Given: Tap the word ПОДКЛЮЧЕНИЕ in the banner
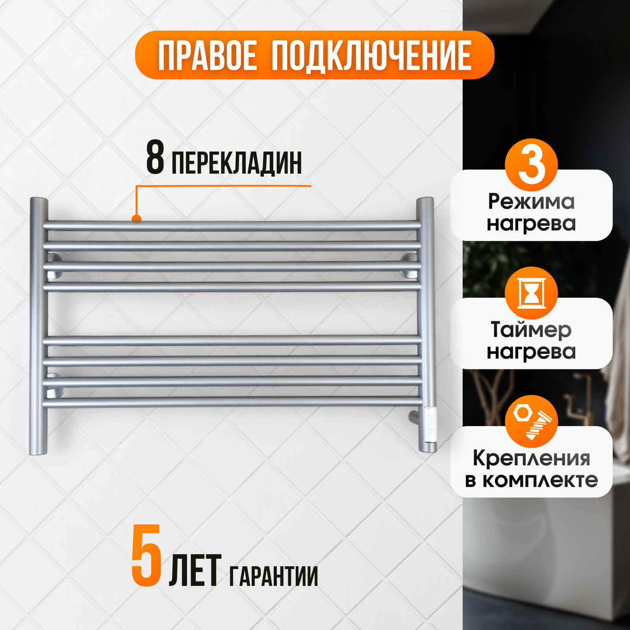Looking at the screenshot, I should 371,56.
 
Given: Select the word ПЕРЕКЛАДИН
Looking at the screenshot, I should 237,163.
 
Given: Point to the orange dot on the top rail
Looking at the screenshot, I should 137,219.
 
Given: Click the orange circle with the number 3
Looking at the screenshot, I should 531,165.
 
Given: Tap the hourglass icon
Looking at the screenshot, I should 531,293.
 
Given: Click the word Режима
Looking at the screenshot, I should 531,202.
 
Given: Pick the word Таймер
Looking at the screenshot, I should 531,330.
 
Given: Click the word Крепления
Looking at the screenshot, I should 531,458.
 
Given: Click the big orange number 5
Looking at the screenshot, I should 146,556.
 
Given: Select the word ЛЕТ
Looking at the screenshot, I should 195,571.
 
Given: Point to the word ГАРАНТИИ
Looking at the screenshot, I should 273,576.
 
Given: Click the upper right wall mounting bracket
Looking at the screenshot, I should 409,266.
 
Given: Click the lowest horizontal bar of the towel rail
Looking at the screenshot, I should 232,402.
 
